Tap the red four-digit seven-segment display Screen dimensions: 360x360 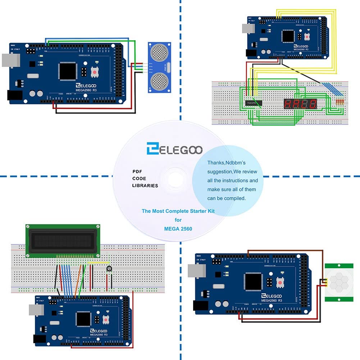(300, 104)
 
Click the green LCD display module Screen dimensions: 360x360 (62, 241)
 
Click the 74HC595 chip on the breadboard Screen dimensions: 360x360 (253, 103)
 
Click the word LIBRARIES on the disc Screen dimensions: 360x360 (145, 186)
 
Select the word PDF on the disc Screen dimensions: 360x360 (137, 172)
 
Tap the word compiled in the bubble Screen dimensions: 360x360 (234, 198)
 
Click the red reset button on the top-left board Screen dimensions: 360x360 (95, 73)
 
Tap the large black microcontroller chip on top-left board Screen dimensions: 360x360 (68, 71)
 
